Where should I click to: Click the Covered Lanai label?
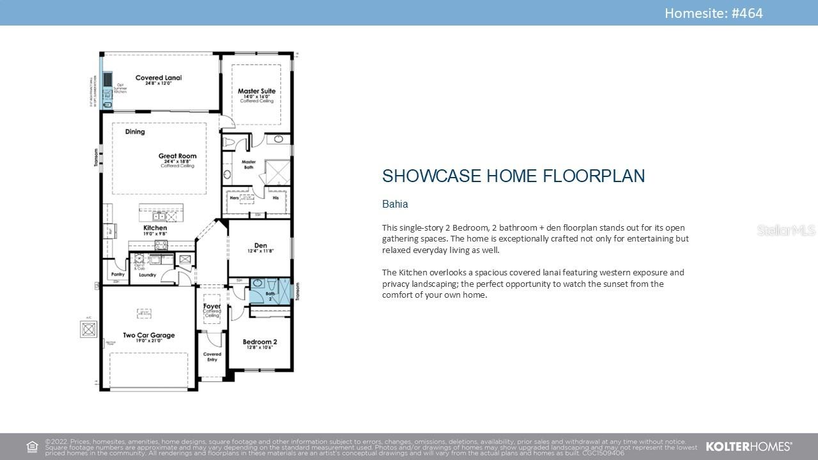(x=158, y=78)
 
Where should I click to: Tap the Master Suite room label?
(x=256, y=91)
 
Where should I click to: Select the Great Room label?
(x=177, y=156)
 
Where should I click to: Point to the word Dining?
(x=135, y=132)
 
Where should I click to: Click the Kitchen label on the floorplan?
(x=155, y=227)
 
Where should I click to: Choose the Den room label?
(x=260, y=245)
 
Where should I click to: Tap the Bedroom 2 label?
(x=259, y=342)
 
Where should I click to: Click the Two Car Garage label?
(x=148, y=335)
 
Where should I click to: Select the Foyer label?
(x=212, y=306)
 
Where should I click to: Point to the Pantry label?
(x=118, y=274)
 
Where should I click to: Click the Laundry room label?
(x=147, y=275)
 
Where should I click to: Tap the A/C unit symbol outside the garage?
(x=88, y=329)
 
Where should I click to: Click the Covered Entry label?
(x=212, y=356)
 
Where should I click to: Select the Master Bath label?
(x=249, y=164)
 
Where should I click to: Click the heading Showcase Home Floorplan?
(x=513, y=176)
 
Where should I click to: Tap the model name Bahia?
(x=395, y=204)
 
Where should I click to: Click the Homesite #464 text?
(x=713, y=13)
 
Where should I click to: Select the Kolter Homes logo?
(x=748, y=447)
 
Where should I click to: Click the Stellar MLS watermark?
(x=786, y=230)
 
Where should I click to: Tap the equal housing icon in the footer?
(x=32, y=447)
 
